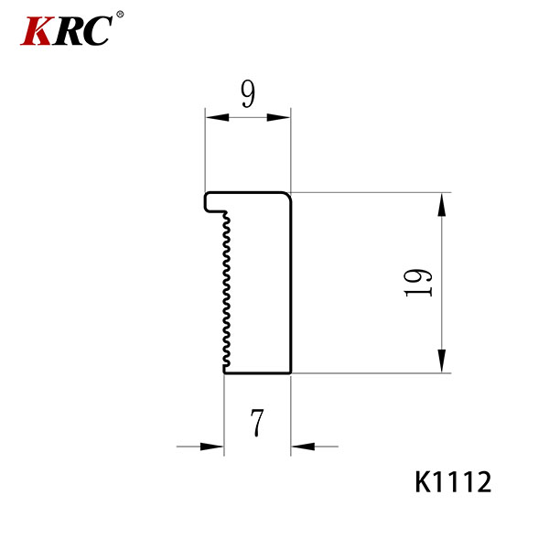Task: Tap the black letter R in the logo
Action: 69,31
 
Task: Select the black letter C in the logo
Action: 97,31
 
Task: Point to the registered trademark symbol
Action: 120,15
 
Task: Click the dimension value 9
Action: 248,94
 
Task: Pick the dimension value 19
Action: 418,283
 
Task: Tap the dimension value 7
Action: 257,423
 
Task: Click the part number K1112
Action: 453,482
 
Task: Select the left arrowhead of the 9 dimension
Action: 217,118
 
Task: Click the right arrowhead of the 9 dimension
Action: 279,118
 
